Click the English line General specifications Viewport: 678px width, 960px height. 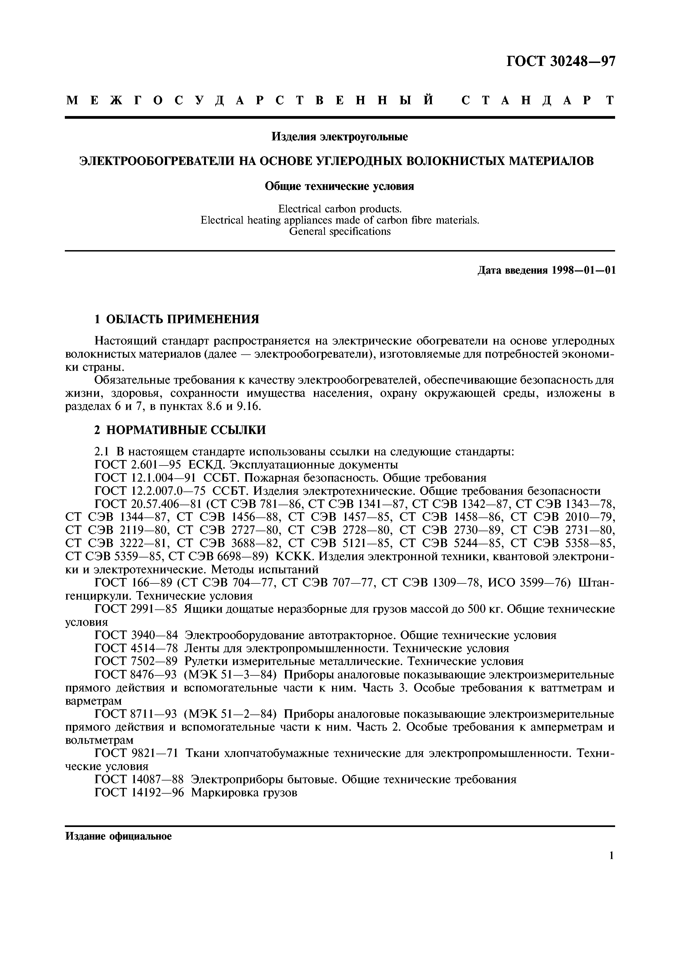340,231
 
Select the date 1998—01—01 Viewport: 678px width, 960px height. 583,271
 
